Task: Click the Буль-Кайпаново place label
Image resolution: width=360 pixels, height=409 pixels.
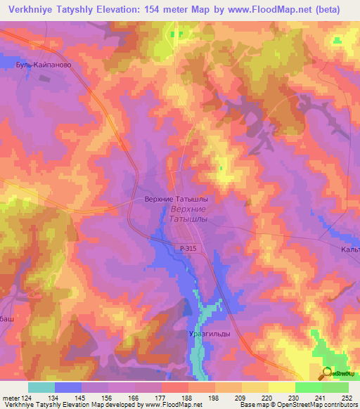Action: click(44, 64)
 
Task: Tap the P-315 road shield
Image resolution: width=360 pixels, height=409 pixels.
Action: click(188, 249)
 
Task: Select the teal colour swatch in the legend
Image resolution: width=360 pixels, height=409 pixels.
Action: click(41, 387)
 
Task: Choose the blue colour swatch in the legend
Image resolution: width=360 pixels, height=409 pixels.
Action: click(67, 387)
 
